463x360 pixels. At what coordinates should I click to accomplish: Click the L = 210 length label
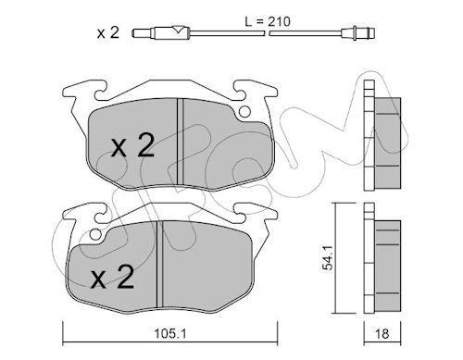tap(268, 22)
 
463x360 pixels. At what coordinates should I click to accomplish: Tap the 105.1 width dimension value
tap(170, 333)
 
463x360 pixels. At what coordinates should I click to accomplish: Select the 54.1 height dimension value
tap(328, 258)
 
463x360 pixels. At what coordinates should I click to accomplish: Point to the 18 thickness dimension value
tap(382, 334)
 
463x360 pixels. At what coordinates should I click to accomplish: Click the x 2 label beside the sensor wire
tap(108, 32)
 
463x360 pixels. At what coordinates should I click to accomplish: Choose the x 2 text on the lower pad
tap(112, 277)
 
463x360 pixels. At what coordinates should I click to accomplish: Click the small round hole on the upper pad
tap(244, 112)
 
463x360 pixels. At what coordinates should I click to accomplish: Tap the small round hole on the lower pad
tap(96, 235)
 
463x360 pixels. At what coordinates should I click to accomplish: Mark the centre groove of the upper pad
tap(181, 142)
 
